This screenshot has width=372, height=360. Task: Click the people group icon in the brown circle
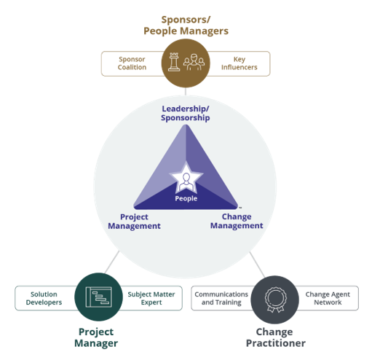[x=194, y=62]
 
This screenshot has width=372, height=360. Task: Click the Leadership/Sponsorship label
[x=186, y=113]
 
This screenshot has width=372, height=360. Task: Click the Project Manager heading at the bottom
[x=98, y=337]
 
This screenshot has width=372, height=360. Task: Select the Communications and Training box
[x=221, y=298]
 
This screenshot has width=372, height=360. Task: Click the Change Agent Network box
[x=323, y=298]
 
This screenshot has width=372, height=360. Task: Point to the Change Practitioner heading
[x=274, y=337]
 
